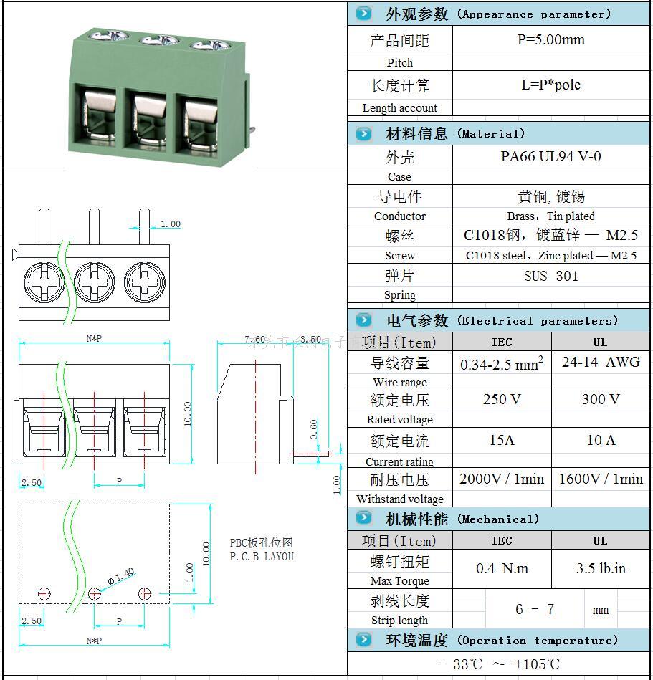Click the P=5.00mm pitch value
tap(550, 40)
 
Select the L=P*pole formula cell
tap(550, 85)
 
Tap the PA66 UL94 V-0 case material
tap(550, 157)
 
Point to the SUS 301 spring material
tap(550, 276)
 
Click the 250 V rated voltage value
tap(502, 399)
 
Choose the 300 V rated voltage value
tap(601, 399)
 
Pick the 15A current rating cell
tap(502, 440)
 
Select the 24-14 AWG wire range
tap(601, 362)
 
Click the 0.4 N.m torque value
tap(502, 568)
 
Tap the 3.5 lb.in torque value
tap(601, 568)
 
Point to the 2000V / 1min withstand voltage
tap(502, 479)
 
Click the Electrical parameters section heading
tap(502, 320)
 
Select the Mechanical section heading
tap(462, 519)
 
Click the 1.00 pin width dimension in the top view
tap(170, 224)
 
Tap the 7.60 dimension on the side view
tap(254, 339)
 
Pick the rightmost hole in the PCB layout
tap(145, 593)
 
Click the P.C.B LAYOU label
tap(262, 556)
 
